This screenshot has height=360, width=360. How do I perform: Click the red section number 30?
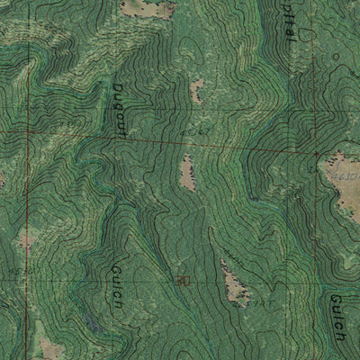tap(183, 280)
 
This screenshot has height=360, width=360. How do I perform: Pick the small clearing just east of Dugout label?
tap(197, 88)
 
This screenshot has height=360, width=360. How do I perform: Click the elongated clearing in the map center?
tap(187, 171)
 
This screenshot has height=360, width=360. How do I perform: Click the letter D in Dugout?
tap(117, 87)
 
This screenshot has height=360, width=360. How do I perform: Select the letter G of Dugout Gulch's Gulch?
tap(116, 269)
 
